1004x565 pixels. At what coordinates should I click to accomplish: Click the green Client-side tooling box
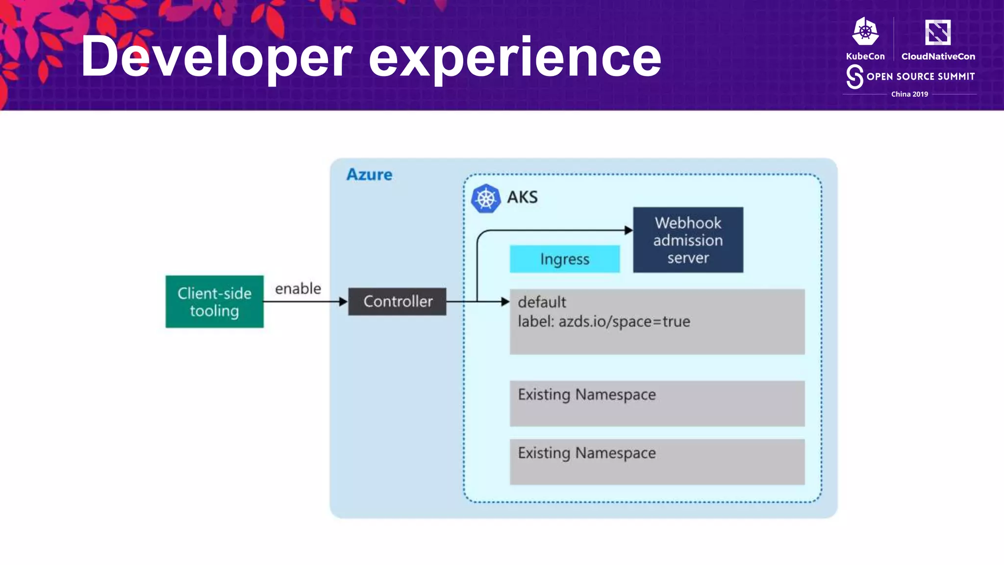pyautogui.click(x=214, y=302)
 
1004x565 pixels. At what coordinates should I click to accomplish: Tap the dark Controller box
pyautogui.click(x=397, y=302)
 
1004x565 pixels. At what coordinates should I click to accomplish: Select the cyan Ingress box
pyautogui.click(x=565, y=259)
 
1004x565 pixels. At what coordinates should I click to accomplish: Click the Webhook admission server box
pyautogui.click(x=688, y=240)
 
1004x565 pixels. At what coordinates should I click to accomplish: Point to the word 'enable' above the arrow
pyautogui.click(x=298, y=288)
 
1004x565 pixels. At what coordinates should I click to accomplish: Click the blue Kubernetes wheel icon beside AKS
pyautogui.click(x=485, y=198)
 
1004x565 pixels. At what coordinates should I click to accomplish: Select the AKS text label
pyautogui.click(x=522, y=197)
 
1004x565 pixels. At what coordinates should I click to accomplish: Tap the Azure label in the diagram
pyautogui.click(x=369, y=175)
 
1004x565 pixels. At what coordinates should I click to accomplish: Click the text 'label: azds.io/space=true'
pyautogui.click(x=604, y=322)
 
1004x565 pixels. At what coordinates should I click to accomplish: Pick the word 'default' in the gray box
pyautogui.click(x=542, y=302)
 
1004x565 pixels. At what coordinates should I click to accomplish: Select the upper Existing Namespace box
pyautogui.click(x=657, y=403)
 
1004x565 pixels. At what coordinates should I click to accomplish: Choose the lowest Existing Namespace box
pyautogui.click(x=657, y=462)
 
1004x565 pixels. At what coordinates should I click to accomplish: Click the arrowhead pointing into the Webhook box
pyautogui.click(x=628, y=230)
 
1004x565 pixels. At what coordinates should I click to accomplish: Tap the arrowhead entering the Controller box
pyautogui.click(x=344, y=302)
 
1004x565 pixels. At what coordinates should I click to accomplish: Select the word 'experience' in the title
pyautogui.click(x=515, y=58)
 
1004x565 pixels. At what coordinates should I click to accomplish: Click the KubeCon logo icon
pyautogui.click(x=865, y=32)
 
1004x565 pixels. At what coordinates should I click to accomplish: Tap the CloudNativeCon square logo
pyautogui.click(x=937, y=32)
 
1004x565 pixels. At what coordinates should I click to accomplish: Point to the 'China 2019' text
pyautogui.click(x=909, y=94)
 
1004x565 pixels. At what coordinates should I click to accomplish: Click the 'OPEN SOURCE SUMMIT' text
pyautogui.click(x=920, y=77)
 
